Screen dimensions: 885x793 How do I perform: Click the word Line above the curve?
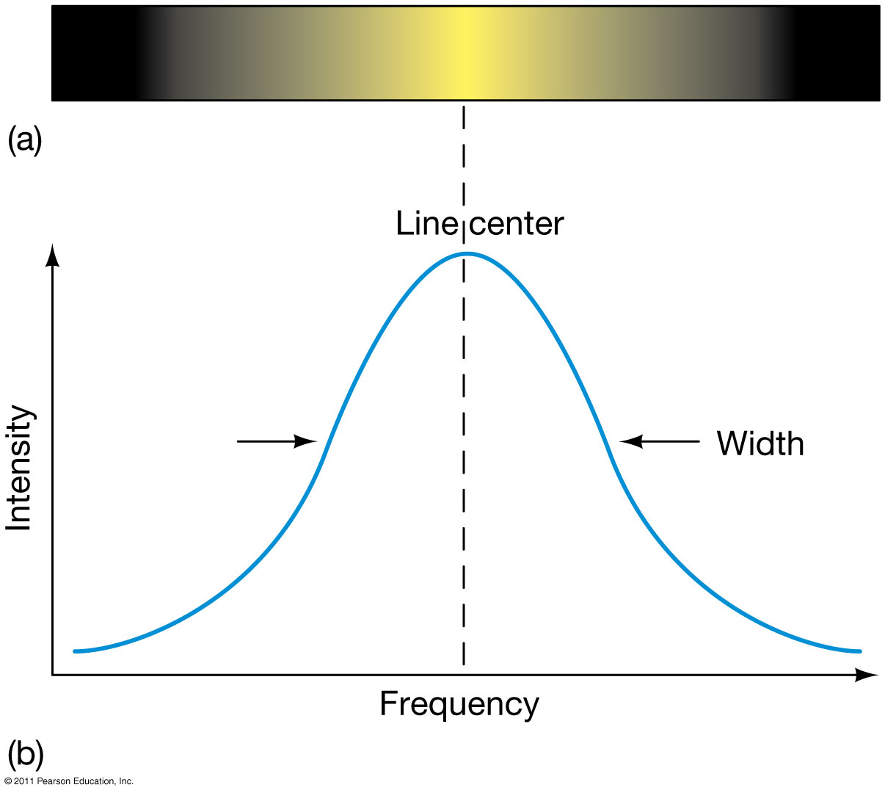426,224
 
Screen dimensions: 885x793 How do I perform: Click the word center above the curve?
517,225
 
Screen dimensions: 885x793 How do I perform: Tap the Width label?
760,443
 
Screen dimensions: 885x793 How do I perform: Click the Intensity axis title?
20,468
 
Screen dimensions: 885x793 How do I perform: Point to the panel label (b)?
26,756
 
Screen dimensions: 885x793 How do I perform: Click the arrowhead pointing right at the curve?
306,441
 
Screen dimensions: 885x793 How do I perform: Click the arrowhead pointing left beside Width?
631,441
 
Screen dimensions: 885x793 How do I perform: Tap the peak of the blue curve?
467,253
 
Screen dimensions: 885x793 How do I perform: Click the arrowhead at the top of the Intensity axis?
52,256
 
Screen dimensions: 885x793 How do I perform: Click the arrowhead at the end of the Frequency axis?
866,675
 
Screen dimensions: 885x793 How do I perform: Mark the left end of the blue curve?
75,651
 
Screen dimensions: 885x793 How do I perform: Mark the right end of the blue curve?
860,651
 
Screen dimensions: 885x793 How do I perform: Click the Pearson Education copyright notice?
68,781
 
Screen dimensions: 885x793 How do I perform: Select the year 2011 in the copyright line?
24,781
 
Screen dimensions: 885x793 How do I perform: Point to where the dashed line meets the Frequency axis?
464,675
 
